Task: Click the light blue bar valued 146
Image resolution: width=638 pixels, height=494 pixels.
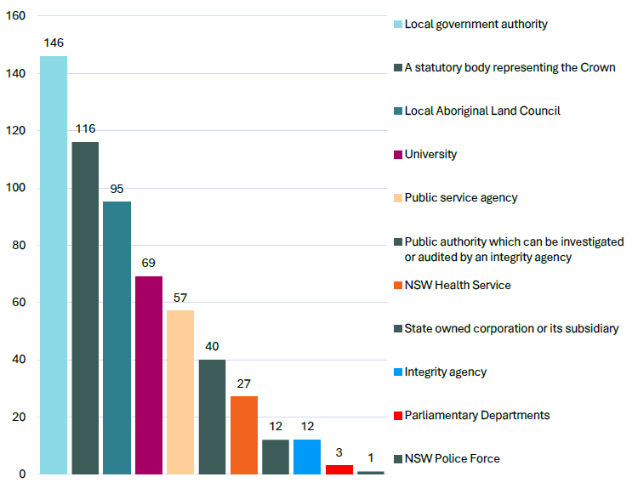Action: point(54,264)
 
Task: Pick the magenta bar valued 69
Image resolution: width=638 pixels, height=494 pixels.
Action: point(149,375)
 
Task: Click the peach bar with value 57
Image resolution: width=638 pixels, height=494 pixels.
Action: point(180,392)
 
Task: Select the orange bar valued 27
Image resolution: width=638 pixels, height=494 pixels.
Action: point(244,434)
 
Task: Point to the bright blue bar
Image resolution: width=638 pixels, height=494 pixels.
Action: point(307,457)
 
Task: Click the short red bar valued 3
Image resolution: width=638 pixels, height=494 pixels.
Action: point(339,469)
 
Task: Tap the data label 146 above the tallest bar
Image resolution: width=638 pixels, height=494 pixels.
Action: point(54,43)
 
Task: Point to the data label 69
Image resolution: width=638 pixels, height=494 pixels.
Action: point(149,263)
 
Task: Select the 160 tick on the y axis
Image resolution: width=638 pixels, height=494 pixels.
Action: point(15,16)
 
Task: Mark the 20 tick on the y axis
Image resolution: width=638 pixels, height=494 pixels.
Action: point(19,417)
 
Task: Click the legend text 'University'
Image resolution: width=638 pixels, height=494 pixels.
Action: point(430,154)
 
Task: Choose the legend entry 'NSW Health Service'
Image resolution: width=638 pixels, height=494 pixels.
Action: point(458,285)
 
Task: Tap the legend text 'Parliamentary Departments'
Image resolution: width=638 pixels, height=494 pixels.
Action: point(477,415)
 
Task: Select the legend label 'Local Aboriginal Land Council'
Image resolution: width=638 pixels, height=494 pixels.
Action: point(482,111)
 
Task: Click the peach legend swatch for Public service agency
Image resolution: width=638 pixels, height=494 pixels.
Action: point(397,198)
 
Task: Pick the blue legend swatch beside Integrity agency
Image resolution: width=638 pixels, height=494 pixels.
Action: point(397,372)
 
